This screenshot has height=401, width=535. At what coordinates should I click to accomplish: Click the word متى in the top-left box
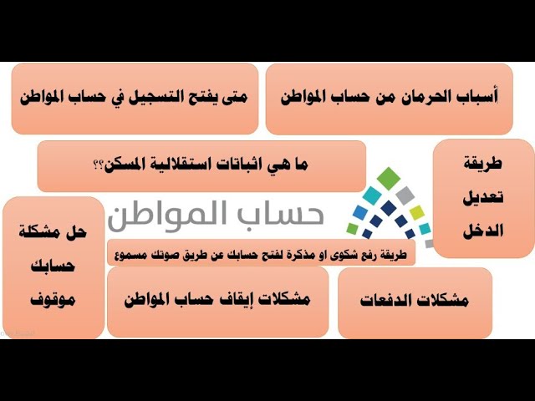pyautogui.click(x=232, y=98)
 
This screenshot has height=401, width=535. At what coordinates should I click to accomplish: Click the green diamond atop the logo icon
pyautogui.click(x=388, y=177)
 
